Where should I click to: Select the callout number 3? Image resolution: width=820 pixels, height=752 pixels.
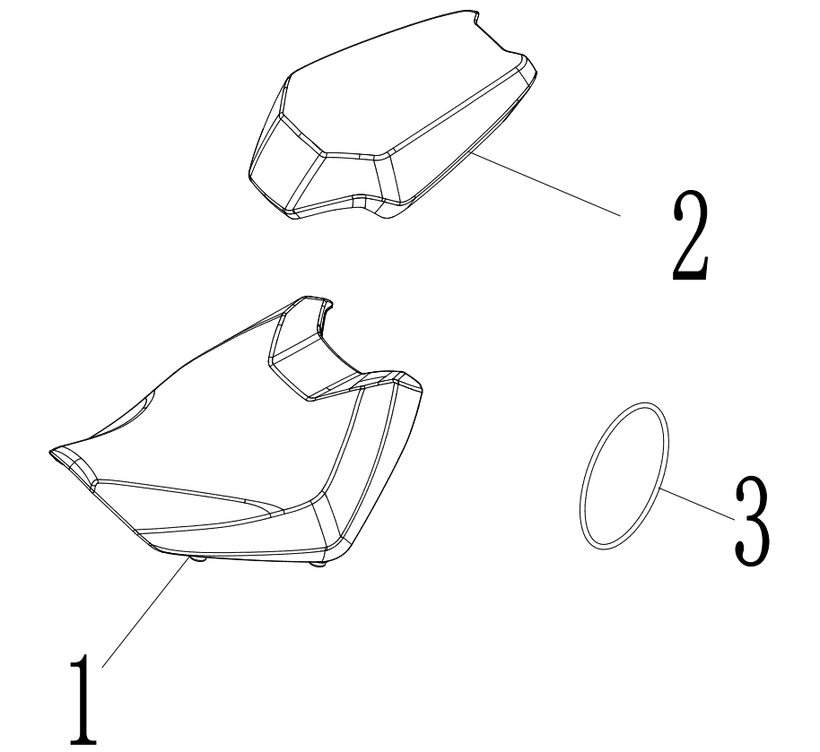coord(752,521)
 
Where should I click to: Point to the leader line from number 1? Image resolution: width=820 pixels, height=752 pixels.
coord(145,612)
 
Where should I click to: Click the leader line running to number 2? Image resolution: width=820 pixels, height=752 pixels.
coord(545,184)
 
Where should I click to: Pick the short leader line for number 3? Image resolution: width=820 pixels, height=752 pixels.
coord(696,503)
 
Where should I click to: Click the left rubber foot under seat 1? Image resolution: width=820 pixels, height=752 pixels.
coord(199,559)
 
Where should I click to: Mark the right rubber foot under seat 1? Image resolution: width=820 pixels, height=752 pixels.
coord(318,565)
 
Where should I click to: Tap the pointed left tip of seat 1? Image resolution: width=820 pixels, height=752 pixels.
coord(51,453)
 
